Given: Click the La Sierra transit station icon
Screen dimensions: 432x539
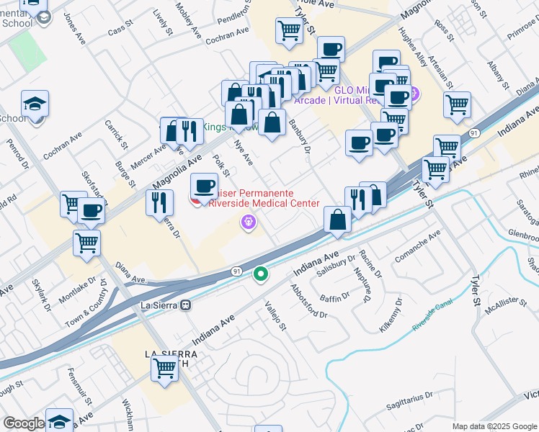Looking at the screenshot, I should pyautogui.click(x=186, y=305).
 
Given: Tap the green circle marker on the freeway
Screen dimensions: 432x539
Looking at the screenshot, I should pyautogui.click(x=261, y=274).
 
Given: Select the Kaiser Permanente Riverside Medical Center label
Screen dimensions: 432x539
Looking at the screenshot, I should pyautogui.click(x=263, y=198).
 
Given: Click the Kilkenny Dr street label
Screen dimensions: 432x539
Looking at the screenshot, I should pyautogui.click(x=393, y=320).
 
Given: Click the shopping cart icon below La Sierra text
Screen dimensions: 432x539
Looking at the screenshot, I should pyautogui.click(x=165, y=368).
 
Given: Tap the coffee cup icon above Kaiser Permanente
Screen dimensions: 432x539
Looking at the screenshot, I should pyautogui.click(x=205, y=186).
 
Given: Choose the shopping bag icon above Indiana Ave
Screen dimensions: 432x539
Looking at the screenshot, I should pyautogui.click(x=337, y=219).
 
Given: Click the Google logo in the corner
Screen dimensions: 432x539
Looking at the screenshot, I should pyautogui.click(x=24, y=423).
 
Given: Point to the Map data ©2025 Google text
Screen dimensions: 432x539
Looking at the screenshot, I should pyautogui.click(x=494, y=426).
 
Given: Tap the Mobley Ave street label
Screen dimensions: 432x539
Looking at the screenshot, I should pyautogui.click(x=187, y=19).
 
